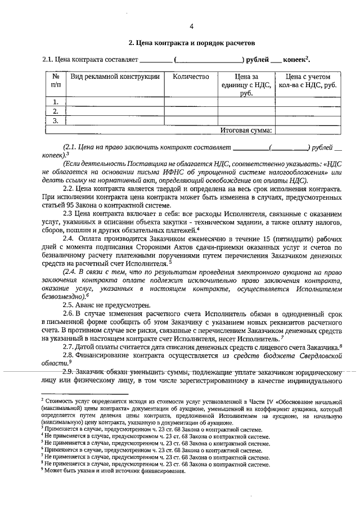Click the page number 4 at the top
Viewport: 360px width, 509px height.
point(192,26)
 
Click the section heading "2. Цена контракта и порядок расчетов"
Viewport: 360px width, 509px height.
point(192,43)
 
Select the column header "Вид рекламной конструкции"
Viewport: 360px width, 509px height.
point(113,76)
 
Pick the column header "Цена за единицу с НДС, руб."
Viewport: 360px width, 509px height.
point(246,85)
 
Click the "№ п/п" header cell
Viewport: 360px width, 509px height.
point(55,80)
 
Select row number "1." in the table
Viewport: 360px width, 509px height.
point(55,102)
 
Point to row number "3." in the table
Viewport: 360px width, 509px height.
point(55,120)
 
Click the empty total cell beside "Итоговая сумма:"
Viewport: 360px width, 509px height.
point(308,130)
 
